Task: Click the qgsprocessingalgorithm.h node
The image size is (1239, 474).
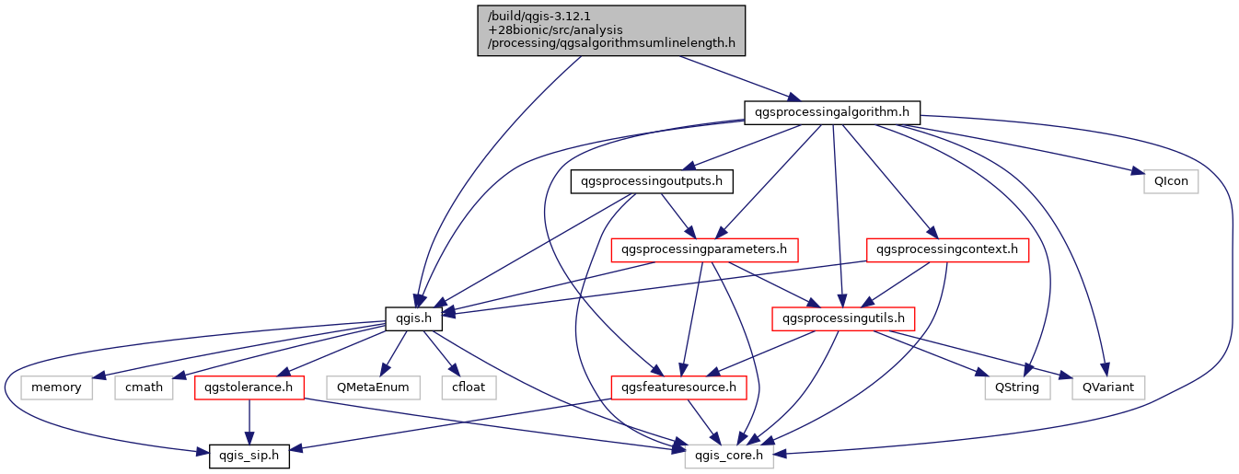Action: coord(832,113)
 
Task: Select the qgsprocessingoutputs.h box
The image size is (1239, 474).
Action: coord(652,181)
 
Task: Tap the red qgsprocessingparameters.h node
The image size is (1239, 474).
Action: coord(704,249)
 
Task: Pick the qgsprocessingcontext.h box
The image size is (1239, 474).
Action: coord(947,249)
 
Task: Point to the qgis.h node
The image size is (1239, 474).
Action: coord(414,319)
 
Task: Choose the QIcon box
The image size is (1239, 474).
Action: coord(1171,181)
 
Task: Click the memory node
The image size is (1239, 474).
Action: coord(56,387)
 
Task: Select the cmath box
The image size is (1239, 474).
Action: coord(145,387)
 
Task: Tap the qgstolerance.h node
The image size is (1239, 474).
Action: coord(249,387)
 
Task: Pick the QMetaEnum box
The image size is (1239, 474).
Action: coord(373,387)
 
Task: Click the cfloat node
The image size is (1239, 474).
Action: coord(469,387)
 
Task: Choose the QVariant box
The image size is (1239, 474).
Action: coord(1108,387)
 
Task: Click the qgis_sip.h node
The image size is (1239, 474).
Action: coord(249,456)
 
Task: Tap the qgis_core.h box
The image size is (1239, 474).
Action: coord(729,456)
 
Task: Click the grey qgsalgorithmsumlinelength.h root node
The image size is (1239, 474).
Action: coord(610,30)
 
